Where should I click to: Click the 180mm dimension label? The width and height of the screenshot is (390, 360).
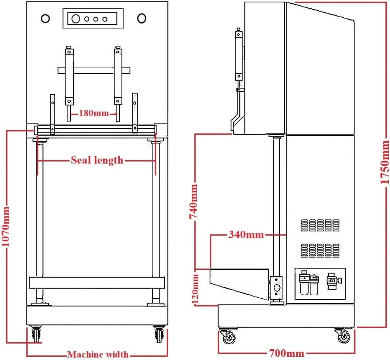pos(94,113)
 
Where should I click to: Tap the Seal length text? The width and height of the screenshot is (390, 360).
pos(97,160)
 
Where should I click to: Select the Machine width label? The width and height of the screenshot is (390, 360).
pos(98,354)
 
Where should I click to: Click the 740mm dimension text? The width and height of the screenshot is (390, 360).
pos(194,201)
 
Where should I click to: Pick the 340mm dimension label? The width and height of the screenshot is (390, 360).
pos(246,234)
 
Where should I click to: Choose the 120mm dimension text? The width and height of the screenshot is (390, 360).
pos(196,289)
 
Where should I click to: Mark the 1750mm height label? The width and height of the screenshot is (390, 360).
pos(385,162)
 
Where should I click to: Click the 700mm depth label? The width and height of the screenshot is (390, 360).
pos(287,353)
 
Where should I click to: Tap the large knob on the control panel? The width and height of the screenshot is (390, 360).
pos(76,19)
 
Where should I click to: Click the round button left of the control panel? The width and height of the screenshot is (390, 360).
pos(45,19)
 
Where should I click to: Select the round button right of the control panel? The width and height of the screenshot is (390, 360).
pos(142,18)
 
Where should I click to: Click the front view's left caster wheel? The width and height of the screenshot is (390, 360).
pos(36,334)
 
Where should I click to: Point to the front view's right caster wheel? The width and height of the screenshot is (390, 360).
pos(159,334)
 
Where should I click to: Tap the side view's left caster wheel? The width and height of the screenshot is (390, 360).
pos(228,336)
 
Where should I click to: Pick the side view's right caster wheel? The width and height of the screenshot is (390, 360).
pos(343,336)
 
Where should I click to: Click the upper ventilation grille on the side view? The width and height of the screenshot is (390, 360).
pos(320,225)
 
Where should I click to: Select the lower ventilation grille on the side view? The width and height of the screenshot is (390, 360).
pos(320,250)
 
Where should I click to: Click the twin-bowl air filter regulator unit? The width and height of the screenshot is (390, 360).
pos(309,283)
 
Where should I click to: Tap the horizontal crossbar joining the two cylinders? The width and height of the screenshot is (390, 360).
pos(94,70)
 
